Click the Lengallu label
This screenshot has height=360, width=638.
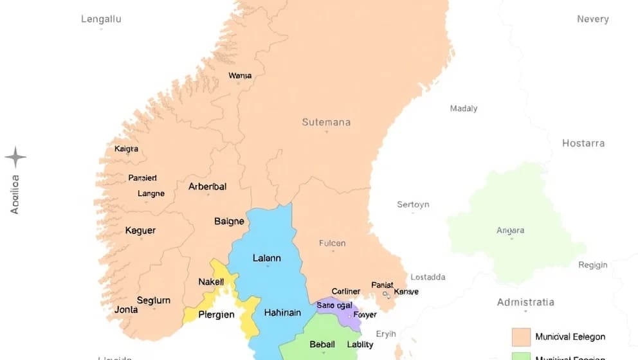coord(101,19)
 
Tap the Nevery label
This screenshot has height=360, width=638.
coord(592,19)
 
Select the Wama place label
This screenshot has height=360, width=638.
coord(240,76)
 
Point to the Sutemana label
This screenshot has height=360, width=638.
coord(326,122)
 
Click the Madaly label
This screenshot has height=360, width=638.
coord(463,109)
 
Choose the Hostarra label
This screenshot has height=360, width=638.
coord(583,143)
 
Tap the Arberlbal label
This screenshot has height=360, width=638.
coord(207,187)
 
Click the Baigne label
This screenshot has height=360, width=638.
coord(229,221)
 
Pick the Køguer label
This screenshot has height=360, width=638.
coord(140,230)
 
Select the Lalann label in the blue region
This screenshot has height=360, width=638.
coord(267,258)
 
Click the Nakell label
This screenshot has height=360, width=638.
coord(211,282)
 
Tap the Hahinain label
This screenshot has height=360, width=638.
coord(282,313)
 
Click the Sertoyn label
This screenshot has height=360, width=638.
coord(412,204)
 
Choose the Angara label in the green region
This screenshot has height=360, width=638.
coord(510,230)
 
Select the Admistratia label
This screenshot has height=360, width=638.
coord(525,302)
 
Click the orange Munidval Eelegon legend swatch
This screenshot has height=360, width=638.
coord(521,337)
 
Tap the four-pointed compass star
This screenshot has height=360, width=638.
coord(15,157)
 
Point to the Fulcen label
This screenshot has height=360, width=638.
coord(332,243)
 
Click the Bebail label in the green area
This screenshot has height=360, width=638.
coord(322,345)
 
